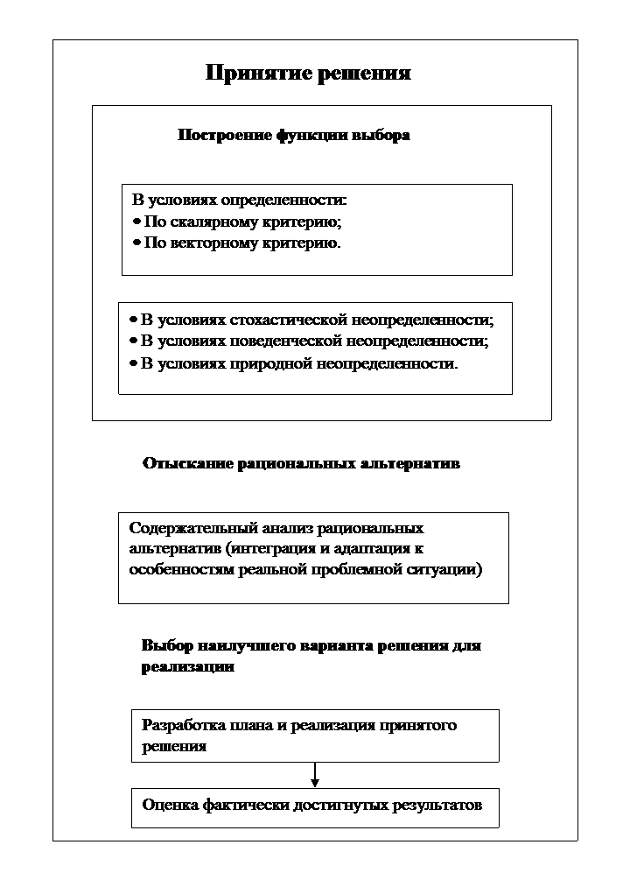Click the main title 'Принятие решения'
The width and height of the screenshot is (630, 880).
(308, 73)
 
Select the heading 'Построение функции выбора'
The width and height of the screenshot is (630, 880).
(294, 136)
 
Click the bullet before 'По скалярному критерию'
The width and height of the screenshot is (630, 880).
(136, 222)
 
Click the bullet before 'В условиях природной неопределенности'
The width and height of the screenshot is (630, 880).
(133, 363)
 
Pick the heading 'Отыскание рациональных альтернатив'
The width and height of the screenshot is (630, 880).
(301, 463)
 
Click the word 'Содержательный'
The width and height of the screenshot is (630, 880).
(182, 528)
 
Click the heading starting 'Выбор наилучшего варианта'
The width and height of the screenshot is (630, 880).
(311, 646)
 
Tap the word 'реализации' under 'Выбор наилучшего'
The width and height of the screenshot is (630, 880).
(187, 667)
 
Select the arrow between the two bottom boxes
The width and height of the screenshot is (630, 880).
(315, 775)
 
